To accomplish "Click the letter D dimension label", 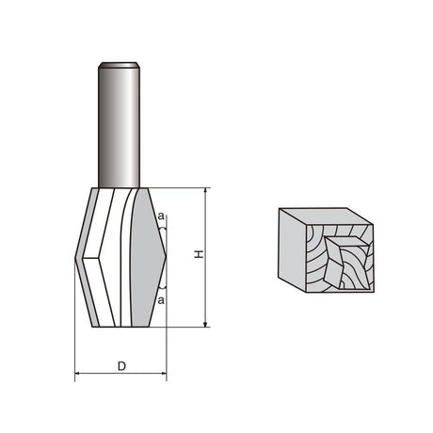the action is point(121,366).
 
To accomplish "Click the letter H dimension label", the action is point(199,254).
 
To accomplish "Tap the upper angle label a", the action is point(161,216).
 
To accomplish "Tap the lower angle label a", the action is point(161,300).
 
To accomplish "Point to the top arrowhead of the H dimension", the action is point(205,191).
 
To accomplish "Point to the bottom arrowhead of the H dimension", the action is point(205,324).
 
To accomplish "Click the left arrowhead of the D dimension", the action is point(78,373).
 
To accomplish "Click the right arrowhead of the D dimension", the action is point(164,373).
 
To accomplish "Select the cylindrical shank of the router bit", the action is point(119,125).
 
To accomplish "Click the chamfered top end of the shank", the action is point(119,65).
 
